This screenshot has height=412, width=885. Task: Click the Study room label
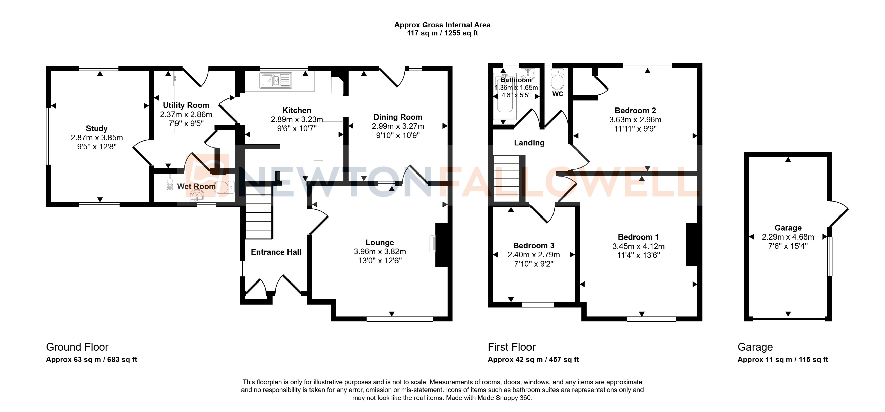[97, 128]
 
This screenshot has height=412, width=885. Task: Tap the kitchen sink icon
[276, 80]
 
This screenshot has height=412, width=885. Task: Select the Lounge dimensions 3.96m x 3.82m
[380, 252]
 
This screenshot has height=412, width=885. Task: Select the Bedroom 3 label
[534, 245]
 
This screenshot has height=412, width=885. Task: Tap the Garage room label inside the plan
[788, 228]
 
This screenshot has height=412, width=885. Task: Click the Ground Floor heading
[77, 347]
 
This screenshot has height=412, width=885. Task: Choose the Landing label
[529, 143]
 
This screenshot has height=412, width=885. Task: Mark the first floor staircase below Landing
[506, 179]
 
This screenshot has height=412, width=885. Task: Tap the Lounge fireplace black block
[441, 245]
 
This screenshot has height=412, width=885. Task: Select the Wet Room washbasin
[197, 197]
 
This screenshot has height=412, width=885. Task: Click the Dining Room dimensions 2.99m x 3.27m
[397, 126]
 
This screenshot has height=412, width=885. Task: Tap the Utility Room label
[186, 105]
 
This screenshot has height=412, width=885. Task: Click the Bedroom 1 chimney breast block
[692, 245]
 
